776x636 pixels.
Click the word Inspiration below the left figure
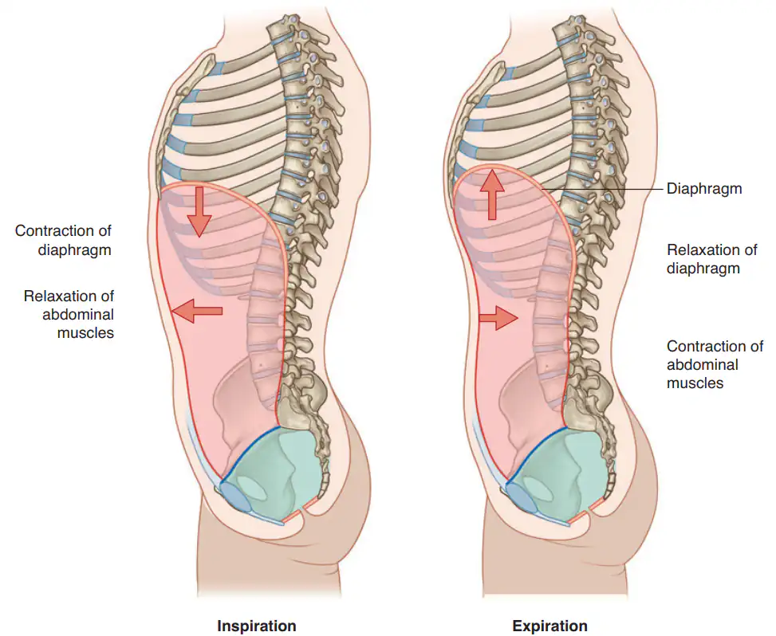(x=256, y=626)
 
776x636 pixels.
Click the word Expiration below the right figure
(x=550, y=626)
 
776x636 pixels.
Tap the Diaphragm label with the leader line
(x=704, y=188)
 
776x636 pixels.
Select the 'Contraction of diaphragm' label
(x=63, y=240)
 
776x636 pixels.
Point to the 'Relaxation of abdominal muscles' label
(x=69, y=315)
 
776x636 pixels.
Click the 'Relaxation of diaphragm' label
(x=711, y=259)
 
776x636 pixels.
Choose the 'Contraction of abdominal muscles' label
(x=715, y=364)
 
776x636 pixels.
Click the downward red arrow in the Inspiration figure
(x=200, y=212)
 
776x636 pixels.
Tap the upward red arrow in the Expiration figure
(x=492, y=194)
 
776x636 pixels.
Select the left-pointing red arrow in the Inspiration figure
(x=197, y=311)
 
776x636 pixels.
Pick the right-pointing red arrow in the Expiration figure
(x=498, y=317)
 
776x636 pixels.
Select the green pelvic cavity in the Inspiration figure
(x=278, y=473)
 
